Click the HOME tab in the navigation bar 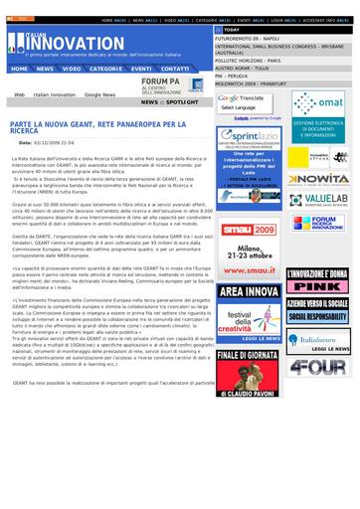18,70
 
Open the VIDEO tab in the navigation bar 72,70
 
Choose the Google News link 99,94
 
